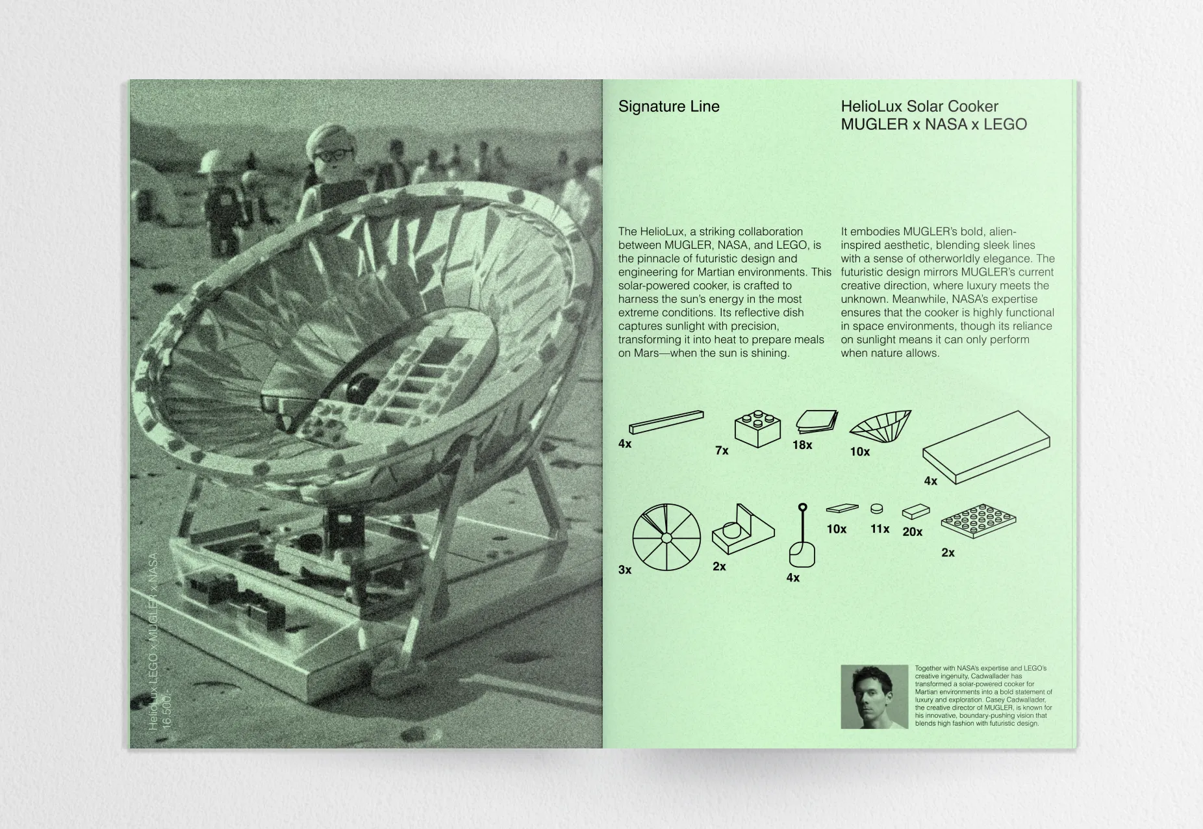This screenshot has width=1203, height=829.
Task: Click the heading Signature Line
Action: click(668, 107)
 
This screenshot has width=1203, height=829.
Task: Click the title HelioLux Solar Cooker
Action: click(919, 107)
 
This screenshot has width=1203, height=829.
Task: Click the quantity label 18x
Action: click(802, 445)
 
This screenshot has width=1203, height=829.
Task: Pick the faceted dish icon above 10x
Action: click(880, 424)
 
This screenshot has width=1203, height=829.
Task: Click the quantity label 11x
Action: click(880, 529)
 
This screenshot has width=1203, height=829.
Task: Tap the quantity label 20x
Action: click(912, 532)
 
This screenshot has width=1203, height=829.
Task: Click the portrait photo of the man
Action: click(874, 696)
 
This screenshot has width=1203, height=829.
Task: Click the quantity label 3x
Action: click(625, 570)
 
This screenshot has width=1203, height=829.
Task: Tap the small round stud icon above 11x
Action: click(877, 507)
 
